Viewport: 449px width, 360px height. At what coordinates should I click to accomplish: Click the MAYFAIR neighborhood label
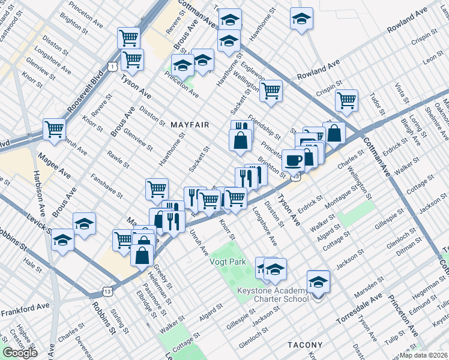pyautogui.click(x=190, y=125)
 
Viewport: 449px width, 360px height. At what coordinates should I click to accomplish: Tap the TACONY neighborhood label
pyautogui.click(x=305, y=345)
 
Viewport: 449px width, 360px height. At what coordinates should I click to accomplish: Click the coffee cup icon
pyautogui.click(x=293, y=160)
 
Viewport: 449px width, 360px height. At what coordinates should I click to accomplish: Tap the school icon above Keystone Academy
pyautogui.click(x=318, y=281)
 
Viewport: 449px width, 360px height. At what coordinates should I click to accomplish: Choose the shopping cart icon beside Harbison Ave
pyautogui.click(x=54, y=128)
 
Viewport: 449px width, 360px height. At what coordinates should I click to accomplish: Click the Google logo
pyautogui.click(x=20, y=352)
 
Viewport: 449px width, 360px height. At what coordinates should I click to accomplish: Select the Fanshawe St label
pyautogui.click(x=107, y=187)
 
